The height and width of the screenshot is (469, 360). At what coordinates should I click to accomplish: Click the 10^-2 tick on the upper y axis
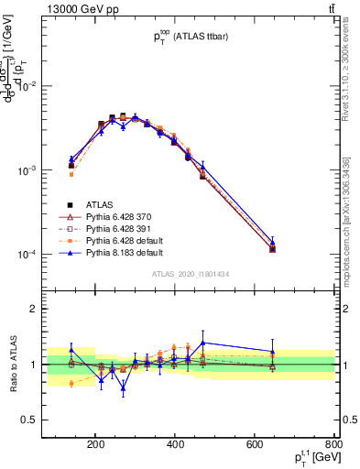pyautogui.click(x=44, y=86)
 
